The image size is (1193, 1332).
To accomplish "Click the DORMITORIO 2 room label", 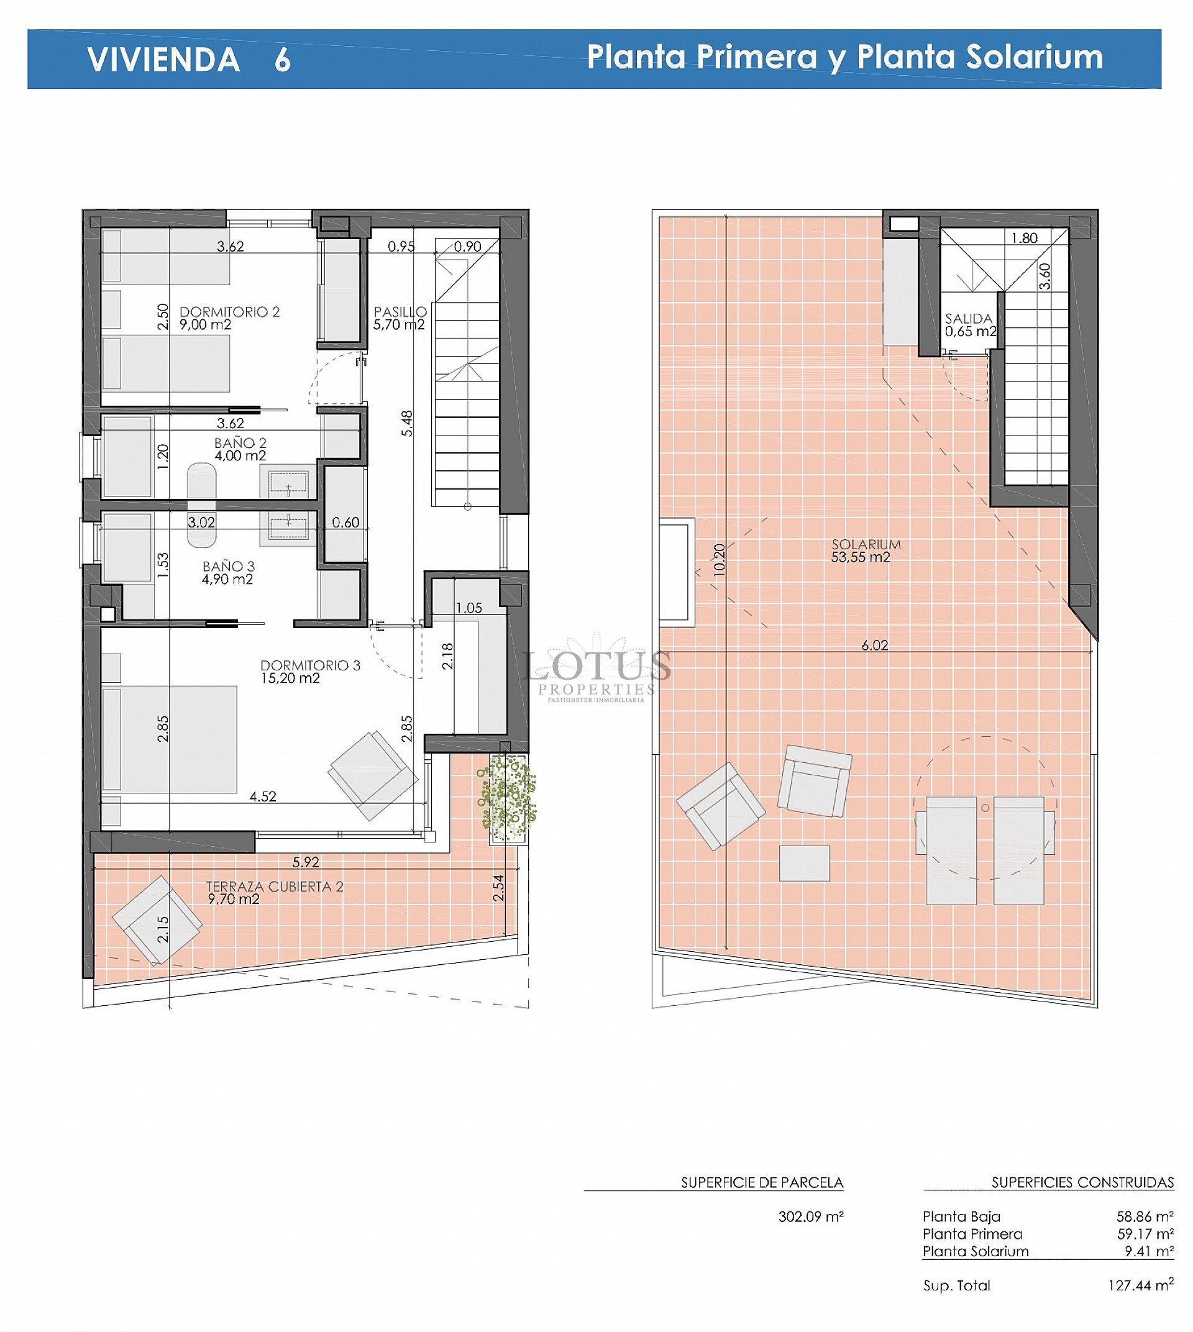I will click(229, 318).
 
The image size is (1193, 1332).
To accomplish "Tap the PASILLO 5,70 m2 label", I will click(400, 318).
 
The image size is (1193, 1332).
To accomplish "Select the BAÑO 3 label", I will click(228, 572).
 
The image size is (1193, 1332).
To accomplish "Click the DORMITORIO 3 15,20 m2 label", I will click(309, 671).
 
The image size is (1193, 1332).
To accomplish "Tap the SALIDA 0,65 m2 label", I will click(969, 324).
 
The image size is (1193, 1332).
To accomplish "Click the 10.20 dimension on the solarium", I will click(720, 560).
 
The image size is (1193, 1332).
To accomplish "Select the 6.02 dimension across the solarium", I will click(874, 645).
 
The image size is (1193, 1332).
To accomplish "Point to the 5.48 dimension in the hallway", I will click(407, 424).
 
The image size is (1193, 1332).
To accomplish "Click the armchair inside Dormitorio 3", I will click(373, 775).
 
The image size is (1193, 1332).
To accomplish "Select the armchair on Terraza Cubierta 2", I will click(157, 920).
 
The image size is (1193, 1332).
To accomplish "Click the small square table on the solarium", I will click(804, 864).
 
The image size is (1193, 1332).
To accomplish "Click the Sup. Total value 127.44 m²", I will click(1140, 1285).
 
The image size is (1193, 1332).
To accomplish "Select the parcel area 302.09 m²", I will click(810, 1217).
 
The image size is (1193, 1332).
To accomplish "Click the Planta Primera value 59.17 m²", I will click(1145, 1234).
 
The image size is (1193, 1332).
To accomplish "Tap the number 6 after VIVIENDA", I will click(283, 60).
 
